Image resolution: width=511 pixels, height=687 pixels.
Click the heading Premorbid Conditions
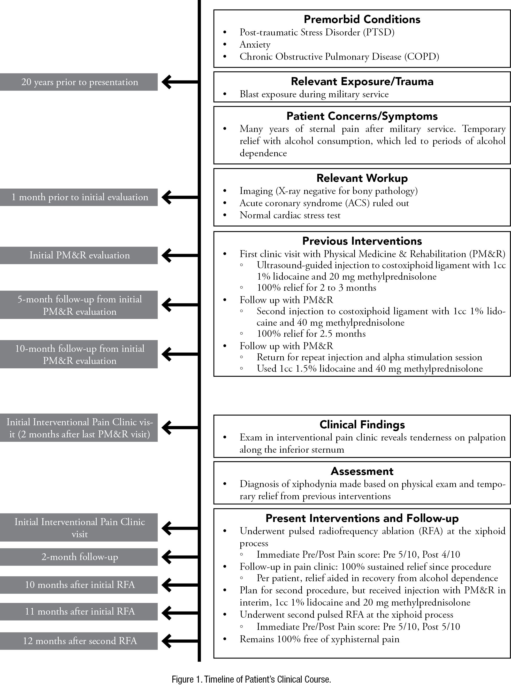pos(362,19)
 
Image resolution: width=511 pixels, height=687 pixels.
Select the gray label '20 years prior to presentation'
pos(79,82)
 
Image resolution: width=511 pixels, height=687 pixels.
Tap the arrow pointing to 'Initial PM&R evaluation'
pos(180,255)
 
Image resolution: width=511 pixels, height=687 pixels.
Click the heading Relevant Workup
pos(362,178)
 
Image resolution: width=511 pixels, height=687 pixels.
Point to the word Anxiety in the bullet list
pos(255,44)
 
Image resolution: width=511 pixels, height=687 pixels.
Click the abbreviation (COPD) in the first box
pos(421,57)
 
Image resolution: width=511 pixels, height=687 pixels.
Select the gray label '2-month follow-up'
pos(79,557)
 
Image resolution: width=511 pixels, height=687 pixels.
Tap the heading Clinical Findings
pos(362,424)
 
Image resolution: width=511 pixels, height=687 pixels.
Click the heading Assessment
pos(362,471)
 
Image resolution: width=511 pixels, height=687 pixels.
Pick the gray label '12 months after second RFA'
pos(79,641)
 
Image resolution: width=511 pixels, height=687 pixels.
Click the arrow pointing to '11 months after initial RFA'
pos(180,612)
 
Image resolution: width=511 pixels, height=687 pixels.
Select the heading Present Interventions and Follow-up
pos(362,518)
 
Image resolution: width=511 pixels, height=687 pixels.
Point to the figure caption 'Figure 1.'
pos(187,679)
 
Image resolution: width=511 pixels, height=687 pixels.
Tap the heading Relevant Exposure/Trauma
pos(362,81)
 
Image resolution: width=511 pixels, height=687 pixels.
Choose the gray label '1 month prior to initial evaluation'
pos(79,197)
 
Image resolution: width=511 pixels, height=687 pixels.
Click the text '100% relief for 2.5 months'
pos(311,334)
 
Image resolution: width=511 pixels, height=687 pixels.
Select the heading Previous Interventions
pos(362,241)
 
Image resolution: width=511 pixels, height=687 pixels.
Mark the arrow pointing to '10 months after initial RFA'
pos(180,585)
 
